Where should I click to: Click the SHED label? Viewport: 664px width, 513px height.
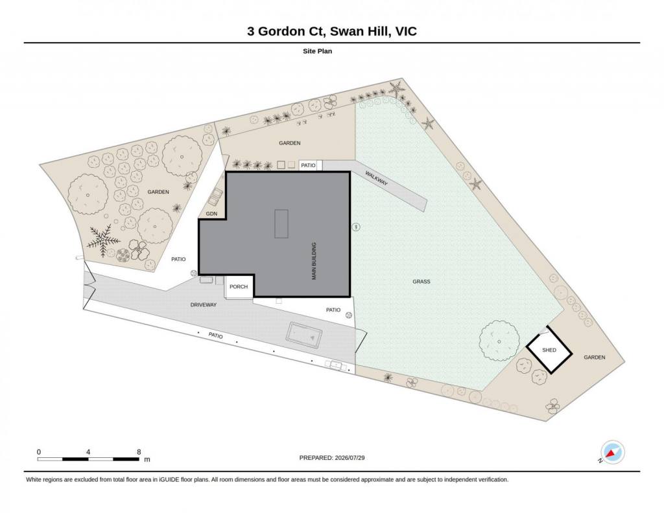click(x=549, y=350)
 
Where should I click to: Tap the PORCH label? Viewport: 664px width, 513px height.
click(x=239, y=287)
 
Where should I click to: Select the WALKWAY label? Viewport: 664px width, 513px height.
click(x=376, y=178)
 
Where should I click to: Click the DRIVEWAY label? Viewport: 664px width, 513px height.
click(x=203, y=304)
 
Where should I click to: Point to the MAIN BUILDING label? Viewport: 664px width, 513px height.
click(x=314, y=261)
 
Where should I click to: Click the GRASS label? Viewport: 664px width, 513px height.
click(x=421, y=282)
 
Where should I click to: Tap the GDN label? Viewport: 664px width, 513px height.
click(x=211, y=214)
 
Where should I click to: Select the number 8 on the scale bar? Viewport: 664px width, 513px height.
click(x=139, y=452)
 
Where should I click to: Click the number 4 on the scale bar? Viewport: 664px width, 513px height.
click(x=88, y=452)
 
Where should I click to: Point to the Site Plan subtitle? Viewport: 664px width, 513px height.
click(x=317, y=51)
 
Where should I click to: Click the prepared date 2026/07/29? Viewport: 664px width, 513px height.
click(x=350, y=457)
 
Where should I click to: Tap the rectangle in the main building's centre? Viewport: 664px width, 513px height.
click(x=281, y=223)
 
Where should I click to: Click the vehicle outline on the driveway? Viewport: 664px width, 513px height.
click(x=304, y=336)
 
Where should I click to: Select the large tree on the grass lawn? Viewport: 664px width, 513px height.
click(x=499, y=341)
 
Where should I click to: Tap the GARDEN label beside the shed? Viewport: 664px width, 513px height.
click(x=594, y=358)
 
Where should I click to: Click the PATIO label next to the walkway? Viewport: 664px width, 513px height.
click(x=308, y=165)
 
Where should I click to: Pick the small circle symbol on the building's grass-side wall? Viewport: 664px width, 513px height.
click(x=356, y=227)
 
